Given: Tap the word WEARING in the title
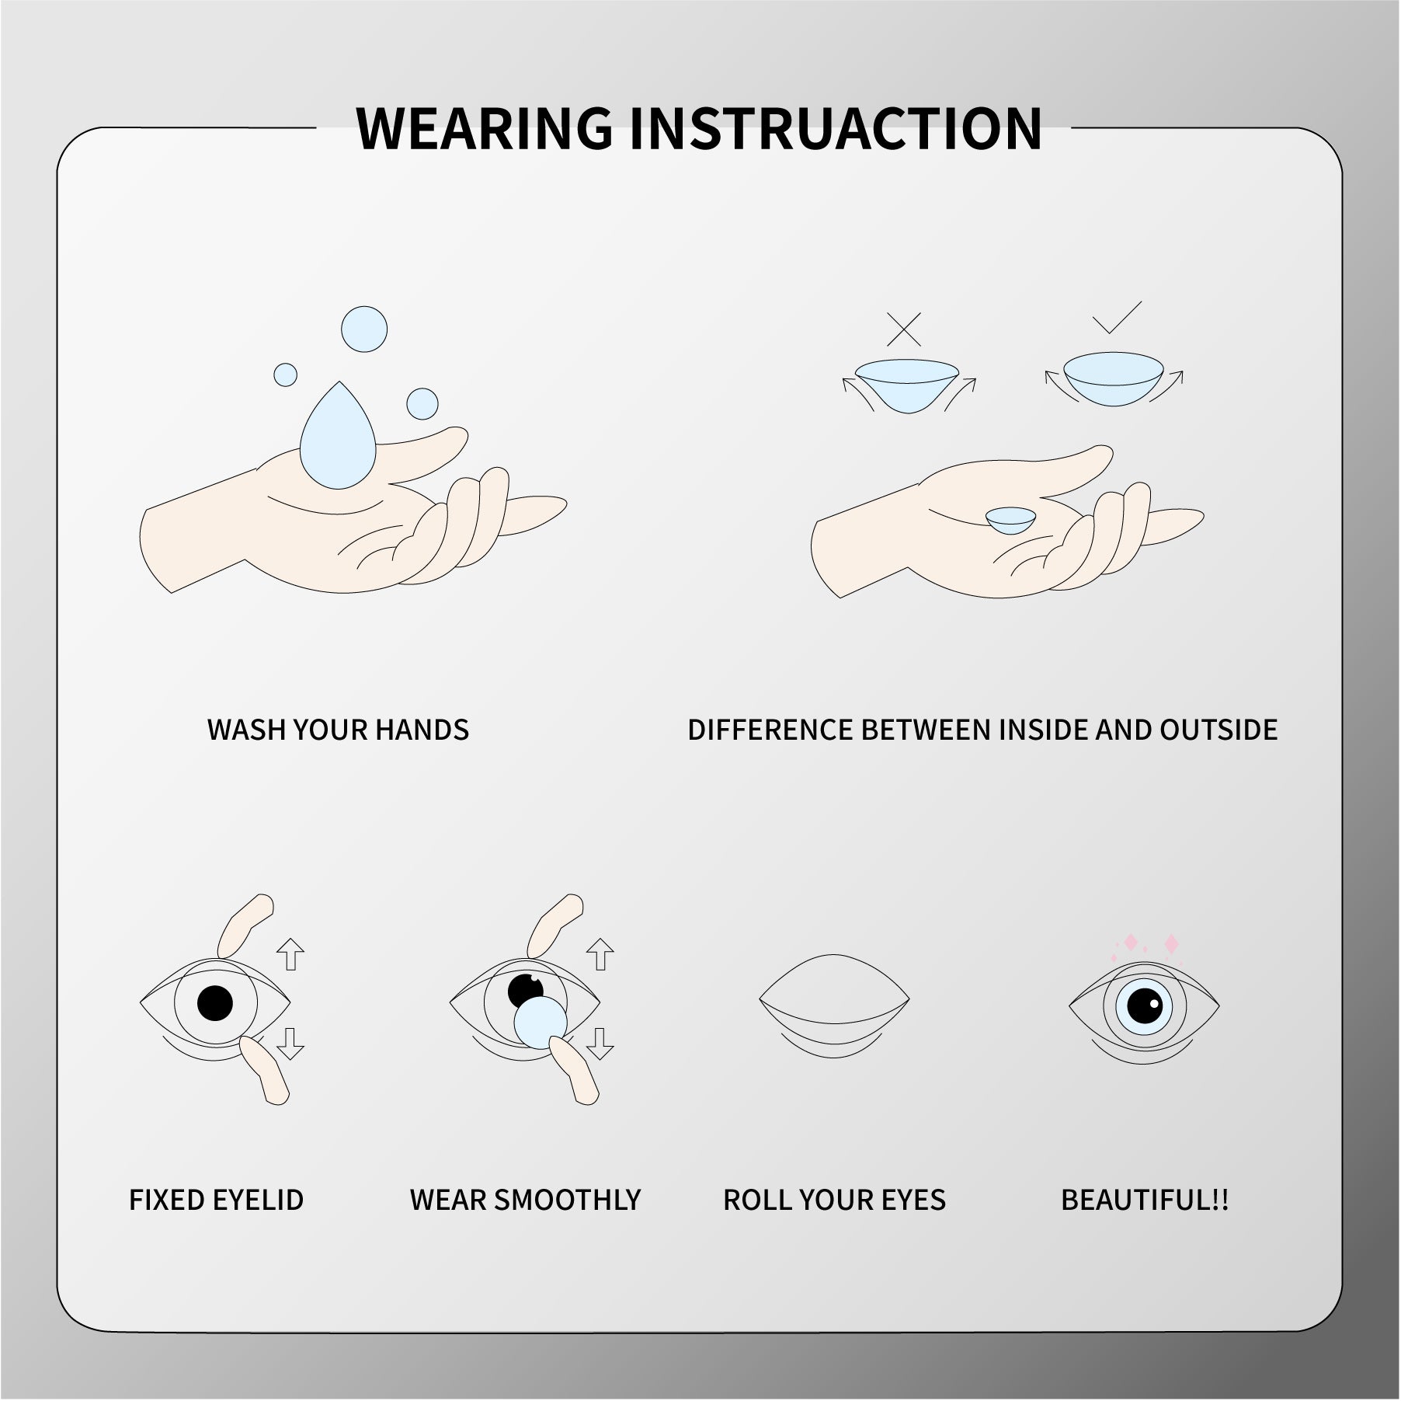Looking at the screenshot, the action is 484,128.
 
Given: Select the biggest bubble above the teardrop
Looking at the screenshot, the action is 364,329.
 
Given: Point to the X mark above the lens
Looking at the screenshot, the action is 904,329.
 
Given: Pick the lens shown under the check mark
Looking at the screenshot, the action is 1114,379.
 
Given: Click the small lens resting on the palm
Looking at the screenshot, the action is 1011,519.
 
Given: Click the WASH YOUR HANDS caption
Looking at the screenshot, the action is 338,730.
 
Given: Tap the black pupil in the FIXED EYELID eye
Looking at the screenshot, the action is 215,1003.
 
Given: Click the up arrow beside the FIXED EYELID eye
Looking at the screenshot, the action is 290,953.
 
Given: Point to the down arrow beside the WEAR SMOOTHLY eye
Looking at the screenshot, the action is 600,1044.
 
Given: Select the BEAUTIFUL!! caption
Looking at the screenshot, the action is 1145,1200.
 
